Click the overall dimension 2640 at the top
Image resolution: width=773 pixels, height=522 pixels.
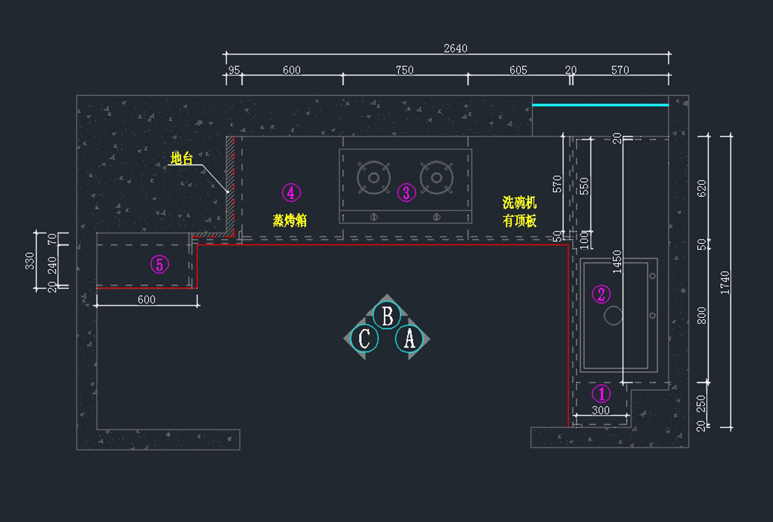(x=455, y=48)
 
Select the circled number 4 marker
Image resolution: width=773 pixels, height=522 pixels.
(x=291, y=192)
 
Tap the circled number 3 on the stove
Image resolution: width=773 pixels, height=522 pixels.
(x=406, y=192)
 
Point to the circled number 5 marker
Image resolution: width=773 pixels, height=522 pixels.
(x=159, y=264)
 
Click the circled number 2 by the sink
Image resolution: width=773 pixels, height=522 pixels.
(x=601, y=294)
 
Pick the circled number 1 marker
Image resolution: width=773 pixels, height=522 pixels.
(x=601, y=393)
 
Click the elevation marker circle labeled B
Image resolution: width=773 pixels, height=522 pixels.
(x=387, y=316)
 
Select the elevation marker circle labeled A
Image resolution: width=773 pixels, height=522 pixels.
(x=409, y=338)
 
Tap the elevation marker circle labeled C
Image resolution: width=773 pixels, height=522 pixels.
(x=365, y=338)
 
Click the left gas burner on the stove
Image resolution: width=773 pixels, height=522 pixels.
(x=374, y=177)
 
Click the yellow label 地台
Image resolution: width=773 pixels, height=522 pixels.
(x=181, y=158)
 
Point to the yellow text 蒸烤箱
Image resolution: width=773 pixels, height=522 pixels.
(x=289, y=221)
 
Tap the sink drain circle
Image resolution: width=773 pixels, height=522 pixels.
(x=613, y=315)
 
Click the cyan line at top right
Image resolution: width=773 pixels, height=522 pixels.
(x=600, y=105)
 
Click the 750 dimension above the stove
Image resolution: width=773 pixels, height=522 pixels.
(x=405, y=70)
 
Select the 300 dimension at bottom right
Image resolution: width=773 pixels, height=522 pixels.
(x=600, y=410)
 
